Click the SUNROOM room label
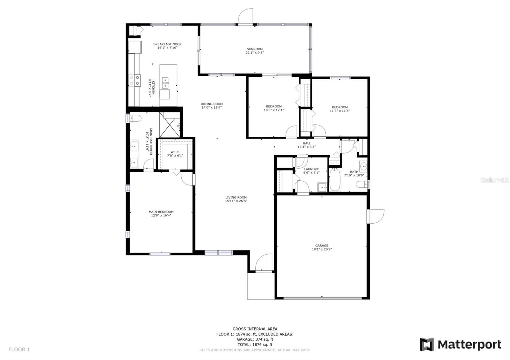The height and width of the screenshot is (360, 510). [x=255, y=49]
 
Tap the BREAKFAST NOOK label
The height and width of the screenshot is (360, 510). [x=167, y=44]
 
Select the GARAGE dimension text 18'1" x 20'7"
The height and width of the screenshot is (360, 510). [x=322, y=249]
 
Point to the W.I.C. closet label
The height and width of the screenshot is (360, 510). [x=175, y=152]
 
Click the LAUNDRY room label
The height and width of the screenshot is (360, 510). [x=311, y=169]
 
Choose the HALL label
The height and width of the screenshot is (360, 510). [x=306, y=143]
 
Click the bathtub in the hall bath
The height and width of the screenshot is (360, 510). [x=335, y=180]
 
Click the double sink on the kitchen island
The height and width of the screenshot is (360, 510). [x=165, y=83]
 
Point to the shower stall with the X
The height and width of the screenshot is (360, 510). [x=170, y=125]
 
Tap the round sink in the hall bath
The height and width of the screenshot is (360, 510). [x=363, y=166]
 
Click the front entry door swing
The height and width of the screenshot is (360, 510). [x=264, y=263]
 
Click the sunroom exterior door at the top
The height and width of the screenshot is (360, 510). [x=245, y=16]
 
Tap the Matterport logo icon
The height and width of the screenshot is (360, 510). [x=427, y=344]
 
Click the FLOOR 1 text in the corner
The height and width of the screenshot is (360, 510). [x=19, y=349]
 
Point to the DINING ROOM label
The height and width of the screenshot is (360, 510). [x=212, y=104]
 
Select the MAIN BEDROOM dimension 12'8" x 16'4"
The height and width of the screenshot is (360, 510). [x=161, y=215]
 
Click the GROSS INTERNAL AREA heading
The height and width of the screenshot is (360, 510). [x=255, y=329]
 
